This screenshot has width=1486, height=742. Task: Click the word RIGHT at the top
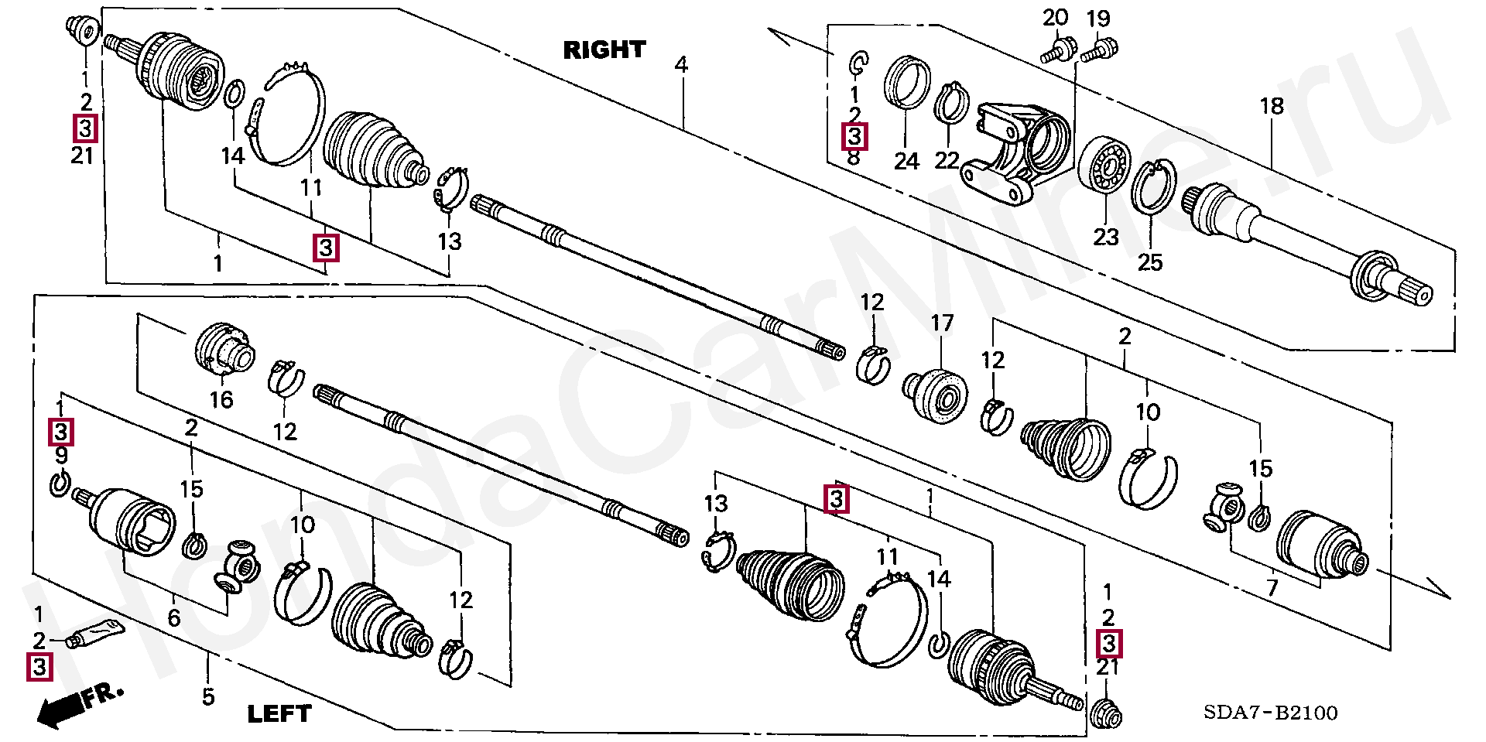(604, 50)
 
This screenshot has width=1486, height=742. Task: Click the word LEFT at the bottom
(279, 713)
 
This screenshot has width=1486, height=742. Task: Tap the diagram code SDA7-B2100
(1270, 713)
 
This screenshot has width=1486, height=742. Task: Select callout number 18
(1272, 106)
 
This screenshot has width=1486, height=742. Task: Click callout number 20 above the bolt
(1055, 18)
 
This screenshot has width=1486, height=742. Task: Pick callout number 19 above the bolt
(1098, 18)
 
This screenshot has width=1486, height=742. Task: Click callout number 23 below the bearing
(1106, 237)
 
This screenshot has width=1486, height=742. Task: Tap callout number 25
(1150, 263)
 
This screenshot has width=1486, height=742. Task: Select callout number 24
(906, 161)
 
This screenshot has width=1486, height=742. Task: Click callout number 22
(947, 161)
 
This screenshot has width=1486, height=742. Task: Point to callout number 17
(942, 323)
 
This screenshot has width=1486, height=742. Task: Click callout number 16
(221, 399)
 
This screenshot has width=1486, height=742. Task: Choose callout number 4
(681, 64)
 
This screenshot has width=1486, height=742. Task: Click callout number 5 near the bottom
(207, 697)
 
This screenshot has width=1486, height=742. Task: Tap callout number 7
(1272, 589)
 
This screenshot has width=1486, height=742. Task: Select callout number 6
(174, 617)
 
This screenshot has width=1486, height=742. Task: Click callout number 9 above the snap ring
(61, 456)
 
